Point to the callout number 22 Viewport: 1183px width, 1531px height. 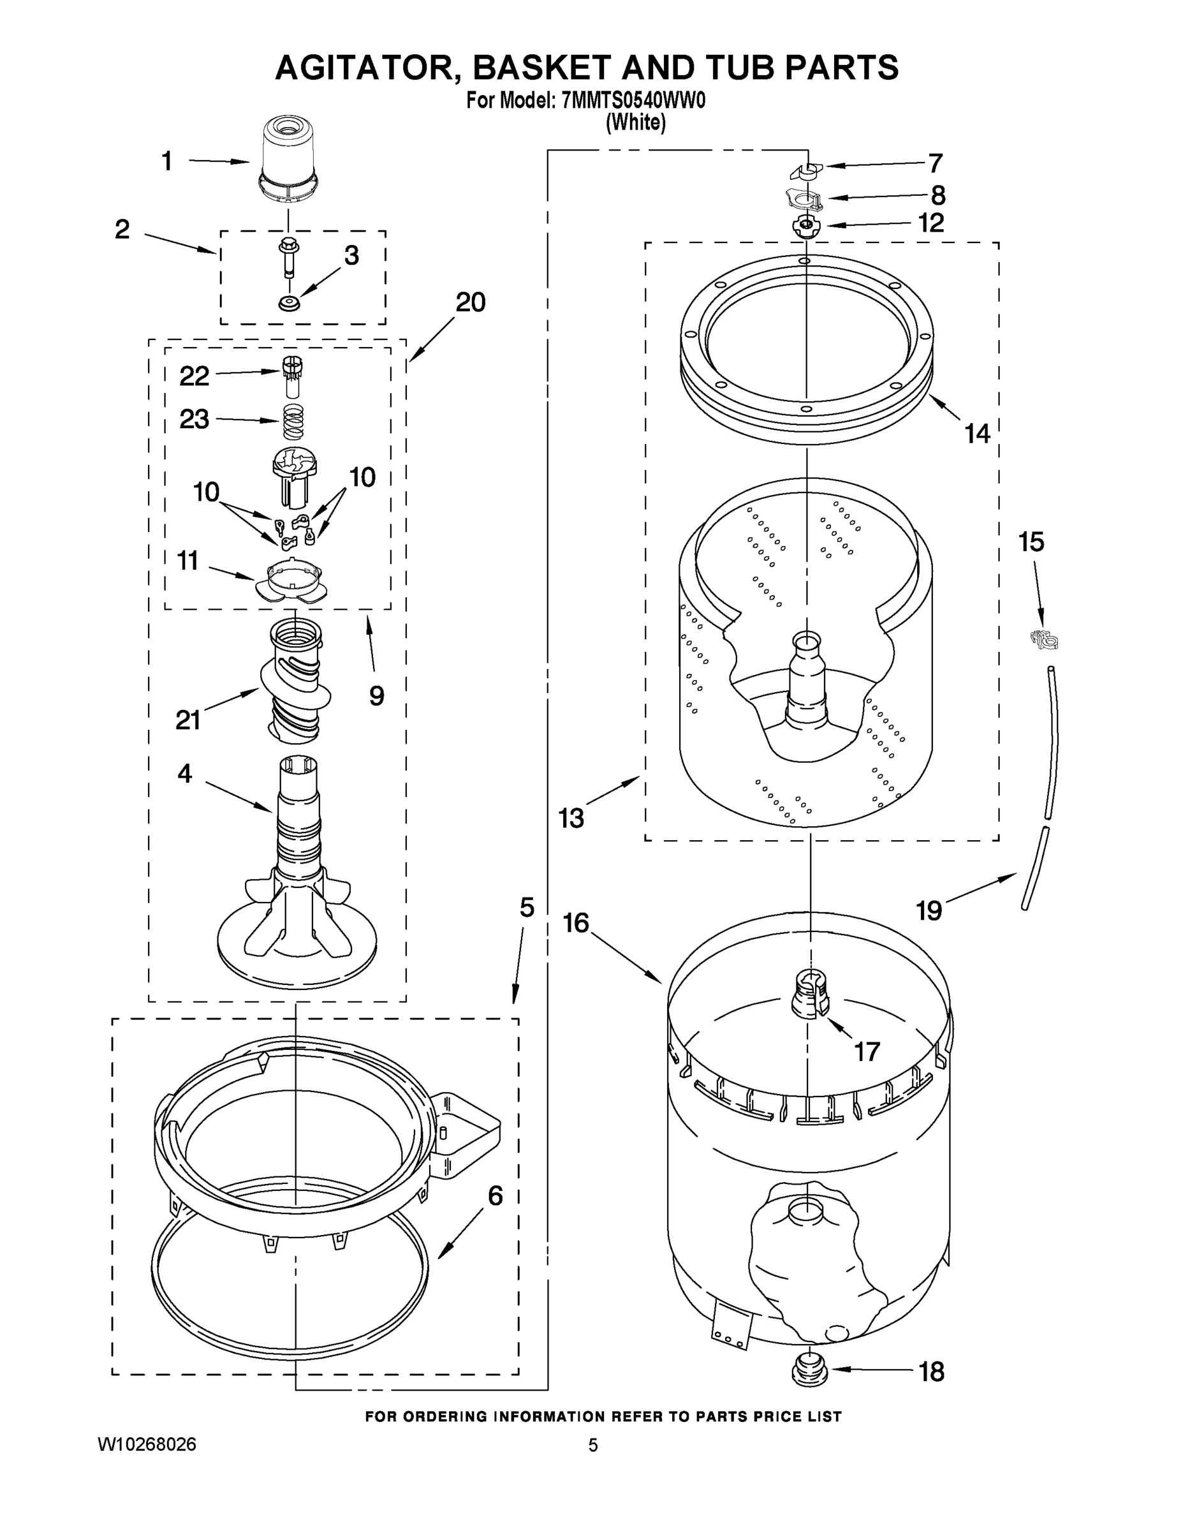(x=194, y=376)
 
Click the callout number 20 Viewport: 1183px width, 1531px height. (x=470, y=302)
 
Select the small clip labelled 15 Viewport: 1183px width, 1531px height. (x=1043, y=639)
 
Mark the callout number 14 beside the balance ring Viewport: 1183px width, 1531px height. (x=977, y=434)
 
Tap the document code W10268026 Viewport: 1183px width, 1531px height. (x=147, y=1444)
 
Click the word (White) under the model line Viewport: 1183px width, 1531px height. (x=635, y=122)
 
